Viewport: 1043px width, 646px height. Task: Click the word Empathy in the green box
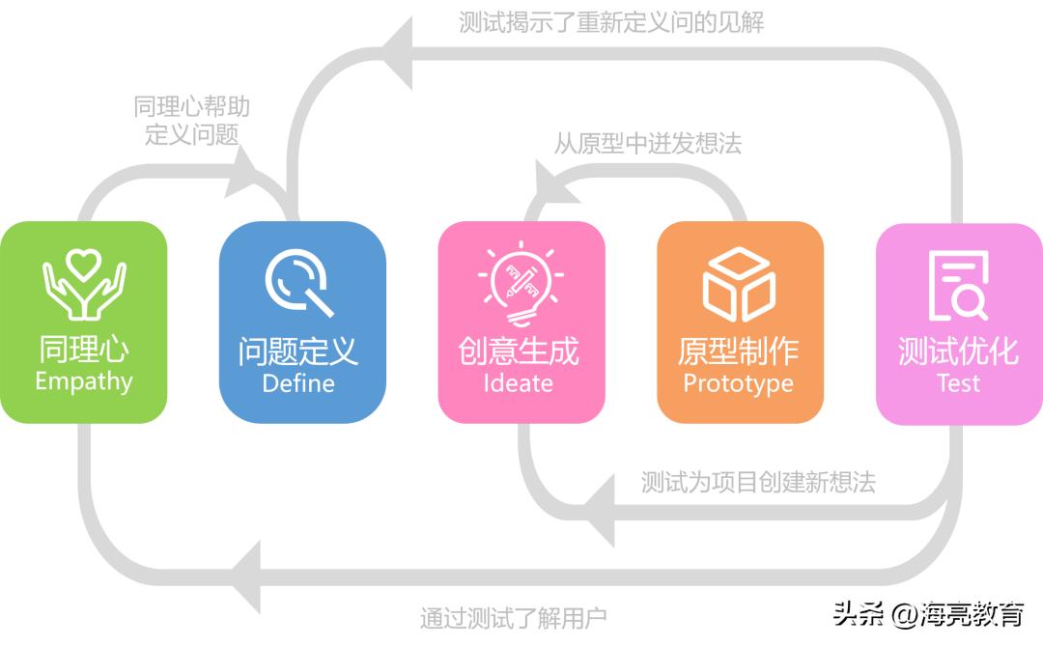coord(83,381)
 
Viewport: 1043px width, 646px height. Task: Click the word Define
coord(298,383)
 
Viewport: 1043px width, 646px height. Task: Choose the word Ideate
coord(519,383)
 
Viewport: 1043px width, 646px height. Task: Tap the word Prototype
coord(738,383)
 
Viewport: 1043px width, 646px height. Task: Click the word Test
coord(958,383)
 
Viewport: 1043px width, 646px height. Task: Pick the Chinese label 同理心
coord(84,349)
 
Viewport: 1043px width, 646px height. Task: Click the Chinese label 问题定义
coord(298,351)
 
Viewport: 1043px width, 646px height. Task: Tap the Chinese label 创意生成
coord(519,351)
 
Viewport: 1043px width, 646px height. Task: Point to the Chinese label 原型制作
coord(738,351)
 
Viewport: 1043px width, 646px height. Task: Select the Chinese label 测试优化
coord(958,351)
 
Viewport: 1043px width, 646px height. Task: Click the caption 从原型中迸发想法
coord(648,145)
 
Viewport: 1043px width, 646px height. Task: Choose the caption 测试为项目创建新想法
coord(758,482)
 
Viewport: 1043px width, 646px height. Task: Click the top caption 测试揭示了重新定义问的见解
coord(611,22)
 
